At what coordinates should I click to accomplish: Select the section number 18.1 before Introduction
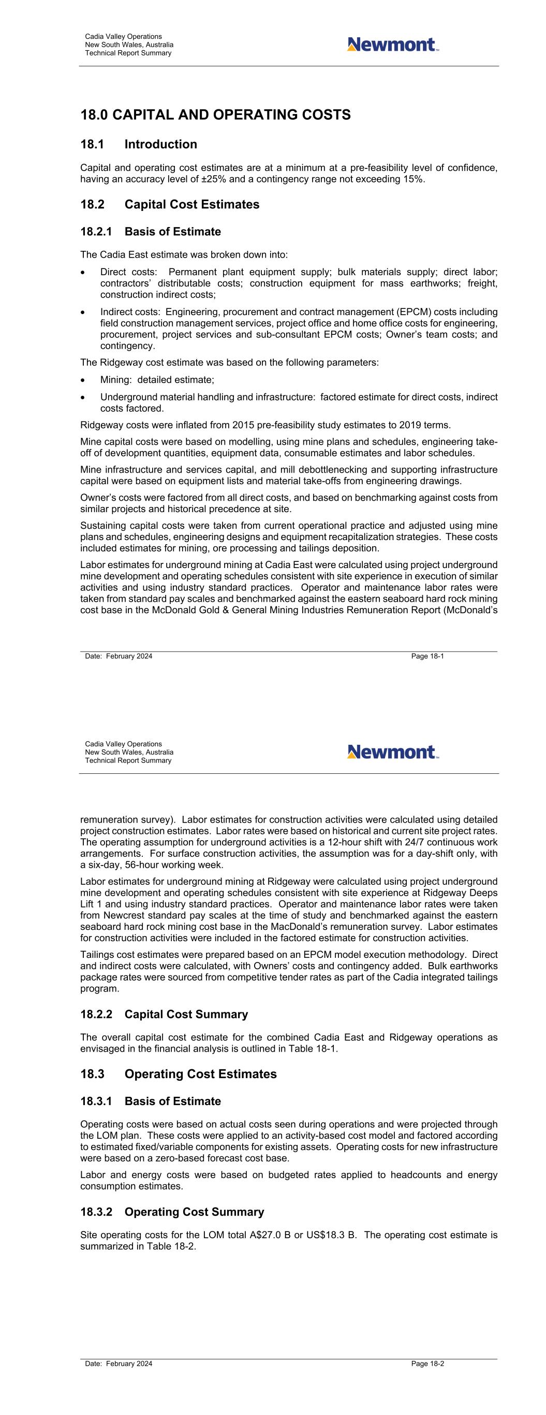[x=91, y=145]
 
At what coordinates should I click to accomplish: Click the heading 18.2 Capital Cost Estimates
[x=170, y=204]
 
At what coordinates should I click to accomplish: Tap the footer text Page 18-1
[x=427, y=656]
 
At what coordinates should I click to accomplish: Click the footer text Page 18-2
[x=427, y=1364]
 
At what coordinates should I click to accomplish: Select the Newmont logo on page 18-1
[x=393, y=45]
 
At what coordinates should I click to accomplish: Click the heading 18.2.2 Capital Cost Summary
[x=164, y=1014]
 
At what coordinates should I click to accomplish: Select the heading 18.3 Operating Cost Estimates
[x=179, y=1074]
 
